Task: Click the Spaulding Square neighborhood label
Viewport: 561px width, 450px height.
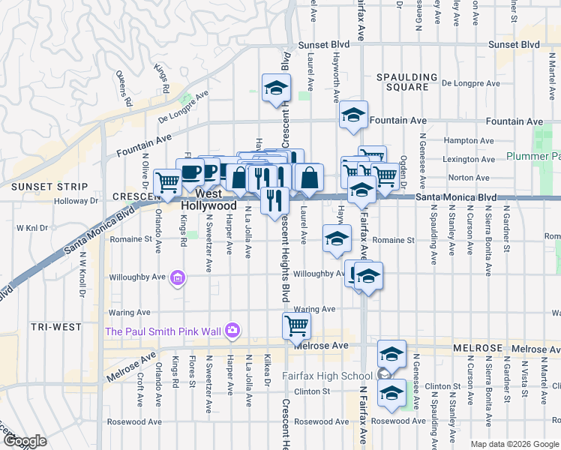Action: click(406, 82)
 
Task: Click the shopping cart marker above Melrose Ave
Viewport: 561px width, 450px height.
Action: click(296, 325)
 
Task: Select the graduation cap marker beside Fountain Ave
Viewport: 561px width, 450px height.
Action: click(352, 115)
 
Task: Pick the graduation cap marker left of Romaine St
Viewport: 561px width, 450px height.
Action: click(337, 238)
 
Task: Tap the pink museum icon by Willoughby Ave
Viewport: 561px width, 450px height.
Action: click(177, 279)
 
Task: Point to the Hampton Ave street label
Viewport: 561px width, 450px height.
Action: click(469, 140)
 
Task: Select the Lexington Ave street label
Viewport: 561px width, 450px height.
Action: click(470, 159)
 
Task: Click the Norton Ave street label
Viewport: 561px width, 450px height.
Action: click(472, 178)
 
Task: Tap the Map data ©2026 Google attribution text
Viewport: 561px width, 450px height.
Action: click(514, 444)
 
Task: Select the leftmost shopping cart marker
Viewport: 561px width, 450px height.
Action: click(167, 181)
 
